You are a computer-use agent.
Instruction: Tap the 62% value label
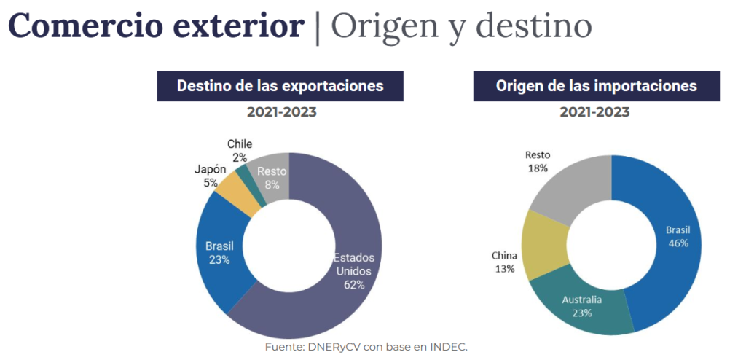pyautogui.click(x=354, y=285)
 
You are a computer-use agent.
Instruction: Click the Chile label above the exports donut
pyautogui.click(x=240, y=144)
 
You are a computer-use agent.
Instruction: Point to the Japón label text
pyautogui.click(x=210, y=169)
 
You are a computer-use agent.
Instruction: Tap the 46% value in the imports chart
pyautogui.click(x=678, y=243)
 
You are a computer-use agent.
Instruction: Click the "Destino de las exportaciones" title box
pyautogui.click(x=280, y=86)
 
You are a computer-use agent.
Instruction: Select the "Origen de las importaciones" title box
pyautogui.click(x=596, y=86)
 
